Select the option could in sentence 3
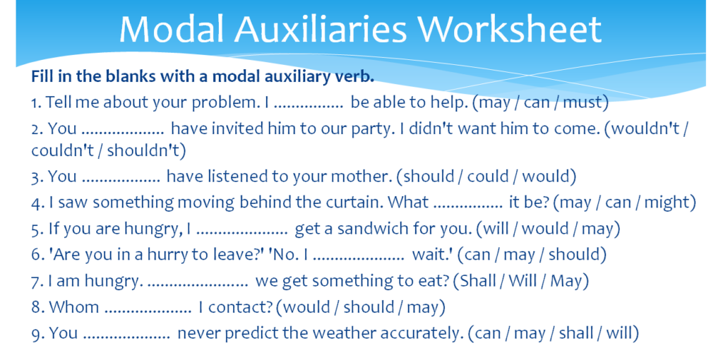coord(491,176)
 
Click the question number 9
coord(37,333)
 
